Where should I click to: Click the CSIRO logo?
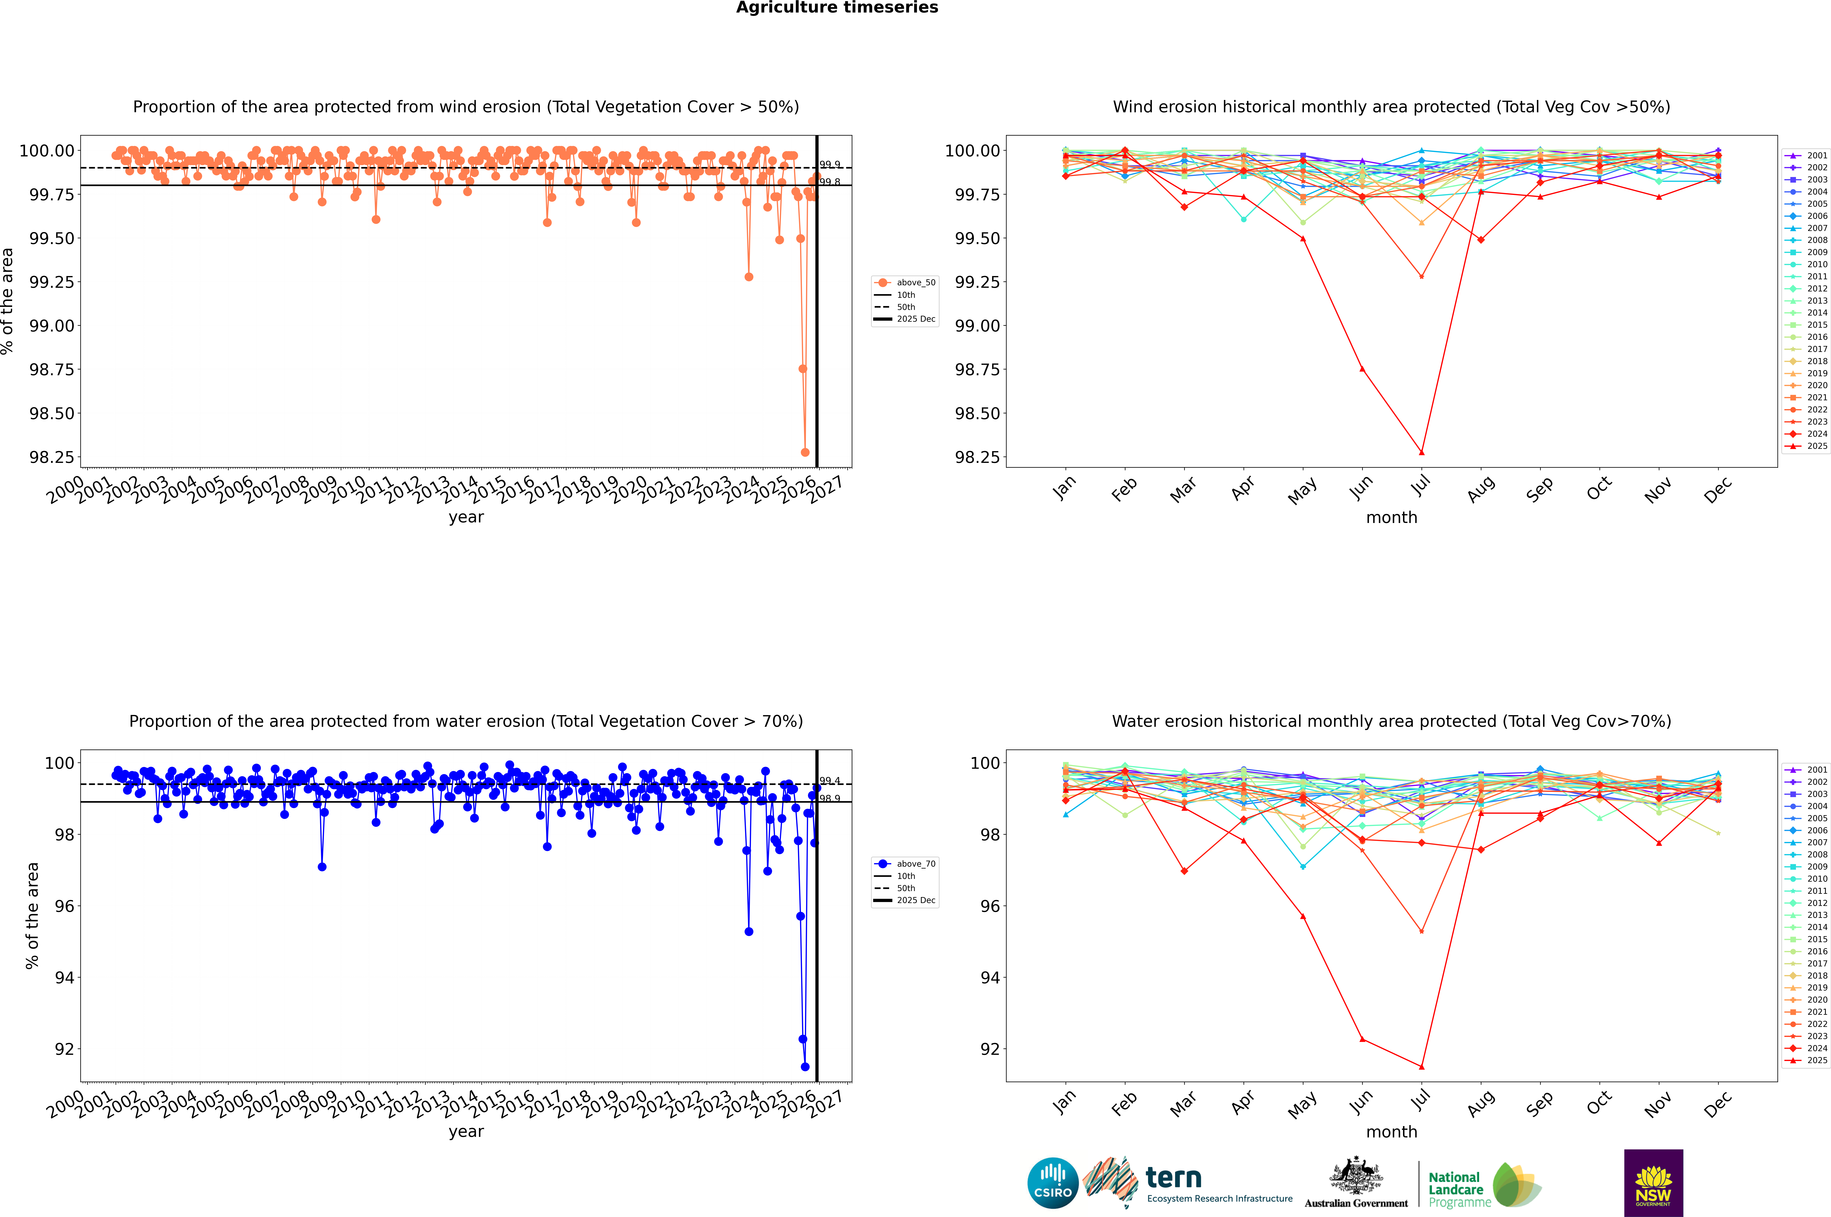[1052, 1183]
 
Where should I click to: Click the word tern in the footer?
[1174, 1178]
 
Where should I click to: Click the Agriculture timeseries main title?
[837, 8]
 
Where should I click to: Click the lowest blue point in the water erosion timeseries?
[805, 1066]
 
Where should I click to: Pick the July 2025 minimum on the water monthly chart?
[1421, 1066]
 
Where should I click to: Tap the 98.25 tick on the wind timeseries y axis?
[52, 457]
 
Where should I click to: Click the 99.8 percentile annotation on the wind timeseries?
[830, 182]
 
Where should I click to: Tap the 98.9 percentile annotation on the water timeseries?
[830, 799]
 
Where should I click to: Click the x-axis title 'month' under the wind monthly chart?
[1391, 518]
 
